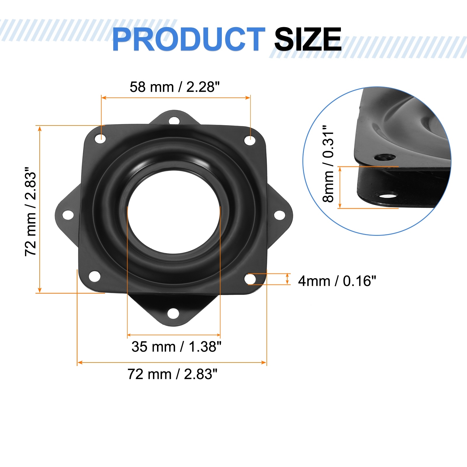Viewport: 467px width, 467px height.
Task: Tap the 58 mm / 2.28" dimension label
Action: pyautogui.click(x=175, y=87)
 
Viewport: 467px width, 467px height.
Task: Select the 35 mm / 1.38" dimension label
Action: pyautogui.click(x=176, y=347)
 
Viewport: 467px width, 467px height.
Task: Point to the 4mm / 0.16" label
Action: pyautogui.click(x=337, y=281)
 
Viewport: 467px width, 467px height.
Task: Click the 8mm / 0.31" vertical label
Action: pyautogui.click(x=328, y=164)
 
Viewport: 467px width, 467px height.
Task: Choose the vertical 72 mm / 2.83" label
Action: pyautogui.click(x=31, y=212)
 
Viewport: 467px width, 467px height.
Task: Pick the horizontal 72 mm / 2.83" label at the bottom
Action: pyautogui.click(x=172, y=374)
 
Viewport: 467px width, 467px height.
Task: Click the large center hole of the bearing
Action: pyautogui.click(x=174, y=212)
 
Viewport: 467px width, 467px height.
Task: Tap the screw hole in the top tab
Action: pyautogui.click(x=174, y=120)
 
